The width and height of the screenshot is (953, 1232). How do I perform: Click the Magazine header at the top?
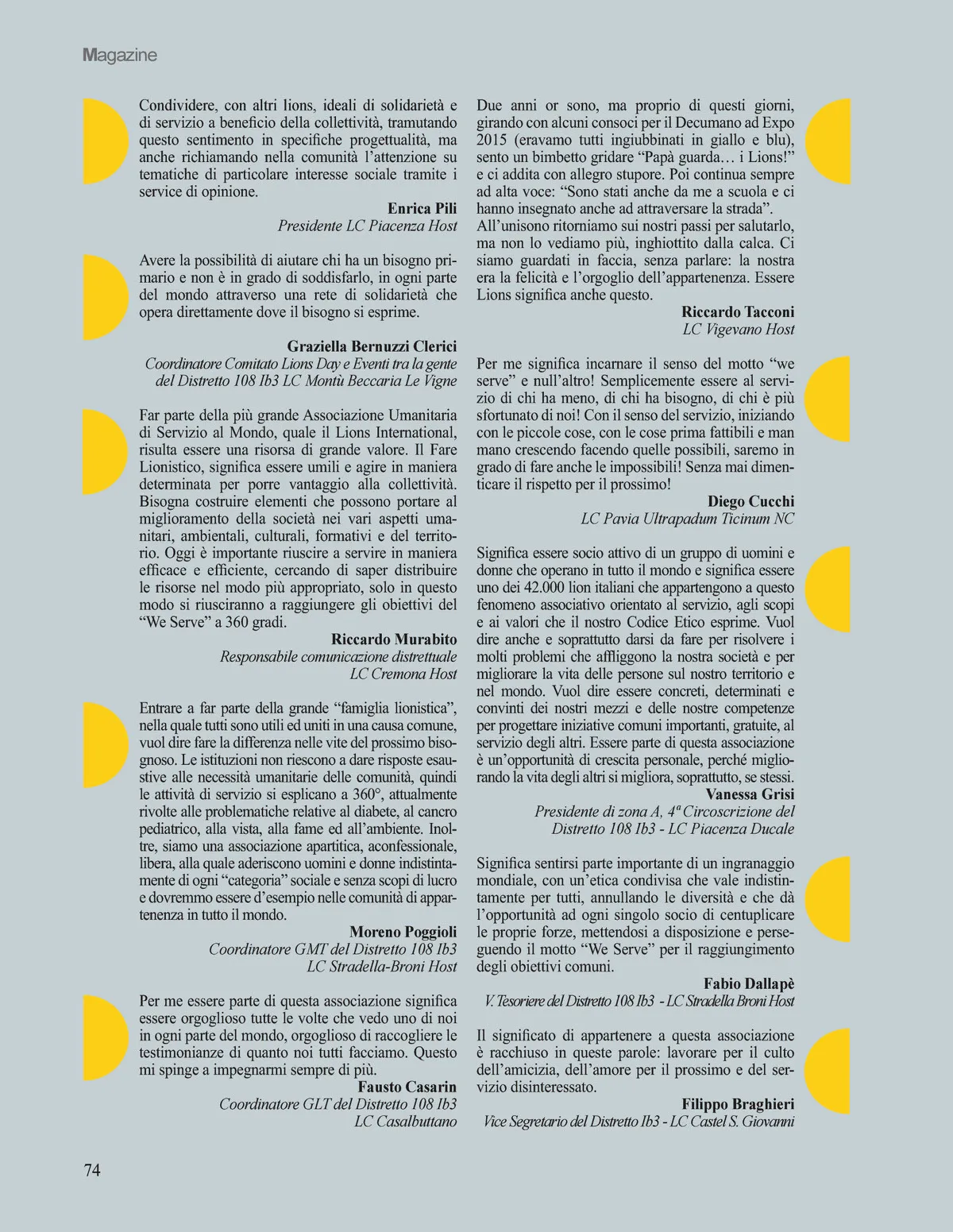coord(120,56)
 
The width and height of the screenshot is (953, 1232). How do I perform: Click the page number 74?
coord(92,1169)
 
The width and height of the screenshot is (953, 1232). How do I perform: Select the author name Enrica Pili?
coord(422,209)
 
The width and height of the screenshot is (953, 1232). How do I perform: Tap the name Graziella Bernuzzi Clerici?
coord(372,346)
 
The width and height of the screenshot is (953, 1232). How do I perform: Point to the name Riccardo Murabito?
coord(394,639)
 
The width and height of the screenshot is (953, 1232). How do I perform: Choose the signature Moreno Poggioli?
coord(403,932)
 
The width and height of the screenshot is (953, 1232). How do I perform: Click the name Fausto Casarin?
coord(407,1087)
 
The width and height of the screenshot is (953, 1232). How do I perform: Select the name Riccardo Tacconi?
coord(737,312)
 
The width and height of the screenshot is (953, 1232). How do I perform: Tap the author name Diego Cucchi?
coord(750,501)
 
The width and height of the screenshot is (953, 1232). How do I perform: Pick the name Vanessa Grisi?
coord(749,794)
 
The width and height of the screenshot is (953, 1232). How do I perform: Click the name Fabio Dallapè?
coord(748,984)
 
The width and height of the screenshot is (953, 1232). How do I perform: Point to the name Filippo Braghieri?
coord(737,1104)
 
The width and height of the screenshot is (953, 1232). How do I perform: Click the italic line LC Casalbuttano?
coord(405,1122)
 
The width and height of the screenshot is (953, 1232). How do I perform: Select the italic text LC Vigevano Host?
coord(738,329)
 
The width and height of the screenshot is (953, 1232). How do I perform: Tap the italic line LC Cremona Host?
coord(403,674)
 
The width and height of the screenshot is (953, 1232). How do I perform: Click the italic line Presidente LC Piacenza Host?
coord(367,226)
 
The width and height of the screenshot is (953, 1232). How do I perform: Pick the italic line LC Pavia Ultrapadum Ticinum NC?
coord(687,519)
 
